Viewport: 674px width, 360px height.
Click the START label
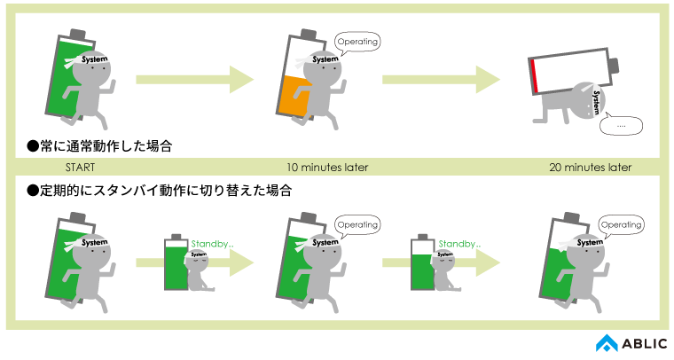pyautogui.click(x=80, y=167)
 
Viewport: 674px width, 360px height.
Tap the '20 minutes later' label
pyautogui.click(x=590, y=167)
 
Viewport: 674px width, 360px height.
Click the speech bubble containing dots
pyautogui.click(x=621, y=126)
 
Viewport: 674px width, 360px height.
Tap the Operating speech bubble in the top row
pyautogui.click(x=358, y=42)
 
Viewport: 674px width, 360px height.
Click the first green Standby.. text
pyautogui.click(x=212, y=242)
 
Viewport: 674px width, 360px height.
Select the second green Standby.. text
pyautogui.click(x=459, y=242)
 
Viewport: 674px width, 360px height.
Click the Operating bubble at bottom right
pyautogui.click(x=621, y=225)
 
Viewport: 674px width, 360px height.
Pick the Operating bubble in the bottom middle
pyautogui.click(x=358, y=225)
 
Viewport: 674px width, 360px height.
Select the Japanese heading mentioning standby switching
pyautogui.click(x=160, y=190)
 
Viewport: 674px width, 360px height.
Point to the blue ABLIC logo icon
pyautogui.click(x=606, y=343)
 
